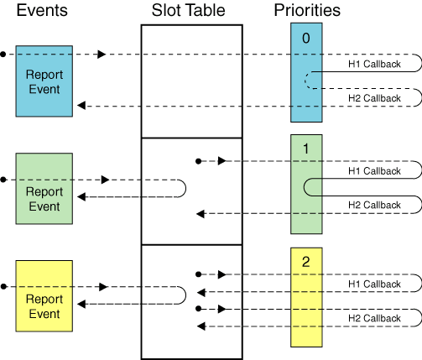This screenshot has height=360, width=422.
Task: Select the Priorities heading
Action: pos(306,11)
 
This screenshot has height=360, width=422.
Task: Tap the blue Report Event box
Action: pos(44,81)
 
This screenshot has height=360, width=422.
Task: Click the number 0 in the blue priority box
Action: pos(306,38)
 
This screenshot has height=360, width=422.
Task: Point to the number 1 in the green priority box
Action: pos(306,149)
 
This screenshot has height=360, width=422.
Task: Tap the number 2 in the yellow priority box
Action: pos(306,261)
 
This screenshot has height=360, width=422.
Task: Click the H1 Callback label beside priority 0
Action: pos(374,63)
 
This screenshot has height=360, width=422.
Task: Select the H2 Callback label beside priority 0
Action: pos(374,98)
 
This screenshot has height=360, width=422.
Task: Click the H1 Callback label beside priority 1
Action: pos(374,170)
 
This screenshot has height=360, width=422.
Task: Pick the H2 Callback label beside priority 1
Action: pos(374,206)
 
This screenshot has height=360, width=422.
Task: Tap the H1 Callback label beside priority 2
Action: pos(374,283)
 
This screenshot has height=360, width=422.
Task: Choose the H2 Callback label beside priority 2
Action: pos(374,317)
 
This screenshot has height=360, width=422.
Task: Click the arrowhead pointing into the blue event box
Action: pos(81,106)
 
